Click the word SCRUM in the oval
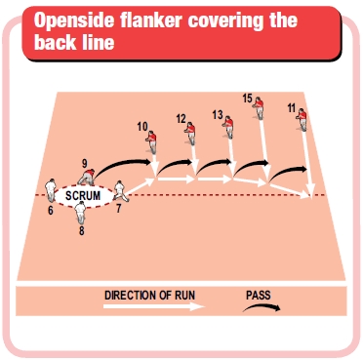83,195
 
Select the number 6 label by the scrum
50,209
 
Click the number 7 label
118,208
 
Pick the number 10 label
141,126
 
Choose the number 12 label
181,118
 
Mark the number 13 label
217,114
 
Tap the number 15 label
247,98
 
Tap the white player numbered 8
80,214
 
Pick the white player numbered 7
118,190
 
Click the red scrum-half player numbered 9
88,176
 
